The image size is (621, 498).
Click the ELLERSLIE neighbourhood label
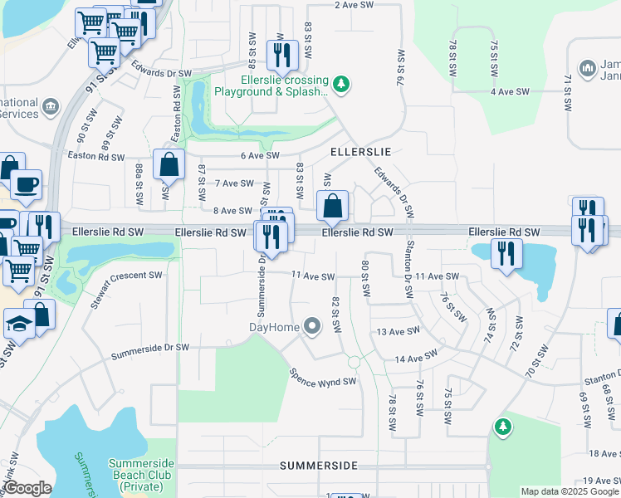coord(360,153)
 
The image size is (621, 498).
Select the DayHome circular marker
coord(312,327)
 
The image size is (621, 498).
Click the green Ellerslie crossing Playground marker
coord(341,83)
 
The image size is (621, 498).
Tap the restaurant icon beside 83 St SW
coord(282,55)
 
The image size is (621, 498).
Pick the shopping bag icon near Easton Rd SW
coord(169,164)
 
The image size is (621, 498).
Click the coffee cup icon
coord(27,184)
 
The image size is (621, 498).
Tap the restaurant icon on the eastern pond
coord(506,253)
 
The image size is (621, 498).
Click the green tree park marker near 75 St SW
coord(501,427)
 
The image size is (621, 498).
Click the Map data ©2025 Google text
coord(569,491)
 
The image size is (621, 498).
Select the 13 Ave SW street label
coord(394,331)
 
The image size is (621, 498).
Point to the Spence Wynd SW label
coord(322,376)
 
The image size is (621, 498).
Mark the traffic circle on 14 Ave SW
coord(354,362)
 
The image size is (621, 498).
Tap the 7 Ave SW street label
coord(233,183)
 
